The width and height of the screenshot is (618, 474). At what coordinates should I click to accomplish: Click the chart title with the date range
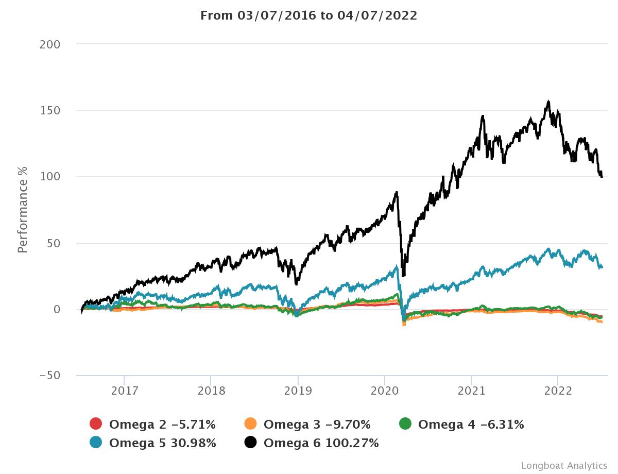pos(308,15)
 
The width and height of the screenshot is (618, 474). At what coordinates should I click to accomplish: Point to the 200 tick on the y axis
pos(50,44)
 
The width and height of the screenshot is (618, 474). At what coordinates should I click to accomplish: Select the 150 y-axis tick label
pos(50,111)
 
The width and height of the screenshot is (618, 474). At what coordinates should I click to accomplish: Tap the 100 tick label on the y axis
pos(50,177)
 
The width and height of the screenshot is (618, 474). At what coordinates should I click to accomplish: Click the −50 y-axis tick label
pos(50,376)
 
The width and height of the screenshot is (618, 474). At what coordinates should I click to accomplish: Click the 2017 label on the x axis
pos(124,391)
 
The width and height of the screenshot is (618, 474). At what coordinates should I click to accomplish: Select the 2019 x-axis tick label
pos(298,391)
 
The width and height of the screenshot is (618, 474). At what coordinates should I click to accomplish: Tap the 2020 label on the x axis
pos(385,391)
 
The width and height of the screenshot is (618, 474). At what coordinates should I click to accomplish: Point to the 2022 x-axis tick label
pos(558,391)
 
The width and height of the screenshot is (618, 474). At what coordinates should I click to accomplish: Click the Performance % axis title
pos(22,210)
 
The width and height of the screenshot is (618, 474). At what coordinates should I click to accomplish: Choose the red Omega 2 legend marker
pos(96,425)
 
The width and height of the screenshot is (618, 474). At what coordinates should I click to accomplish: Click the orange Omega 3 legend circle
pos(250,425)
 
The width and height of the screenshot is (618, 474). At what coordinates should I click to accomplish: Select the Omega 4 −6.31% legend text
pos(471,425)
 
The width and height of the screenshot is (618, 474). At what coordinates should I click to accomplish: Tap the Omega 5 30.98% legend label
pos(162,443)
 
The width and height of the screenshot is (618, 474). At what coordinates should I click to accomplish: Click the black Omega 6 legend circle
pos(250,443)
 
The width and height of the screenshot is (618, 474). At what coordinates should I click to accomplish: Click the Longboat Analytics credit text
pos(564,466)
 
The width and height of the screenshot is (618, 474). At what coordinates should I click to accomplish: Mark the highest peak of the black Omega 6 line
pos(548,101)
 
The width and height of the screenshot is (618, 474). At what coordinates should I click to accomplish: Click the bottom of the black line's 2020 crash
pos(403,276)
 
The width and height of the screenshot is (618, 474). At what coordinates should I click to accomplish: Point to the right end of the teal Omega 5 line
pos(602,267)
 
